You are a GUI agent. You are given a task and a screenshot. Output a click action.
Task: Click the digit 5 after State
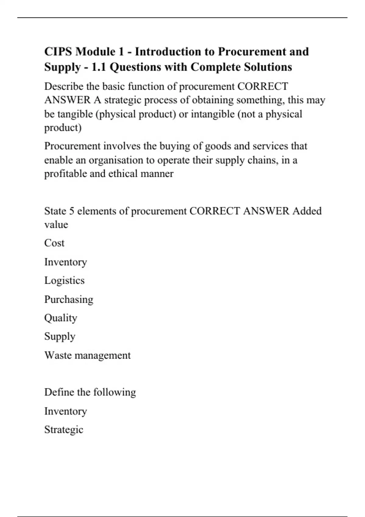71,211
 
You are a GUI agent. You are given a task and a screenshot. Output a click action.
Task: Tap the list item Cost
54,243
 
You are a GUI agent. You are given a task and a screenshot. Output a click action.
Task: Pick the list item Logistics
64,280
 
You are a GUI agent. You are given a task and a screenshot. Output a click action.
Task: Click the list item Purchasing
69,299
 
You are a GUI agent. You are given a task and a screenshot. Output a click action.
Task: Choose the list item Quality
61,318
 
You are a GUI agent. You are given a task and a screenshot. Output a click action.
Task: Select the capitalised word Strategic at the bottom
64,430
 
